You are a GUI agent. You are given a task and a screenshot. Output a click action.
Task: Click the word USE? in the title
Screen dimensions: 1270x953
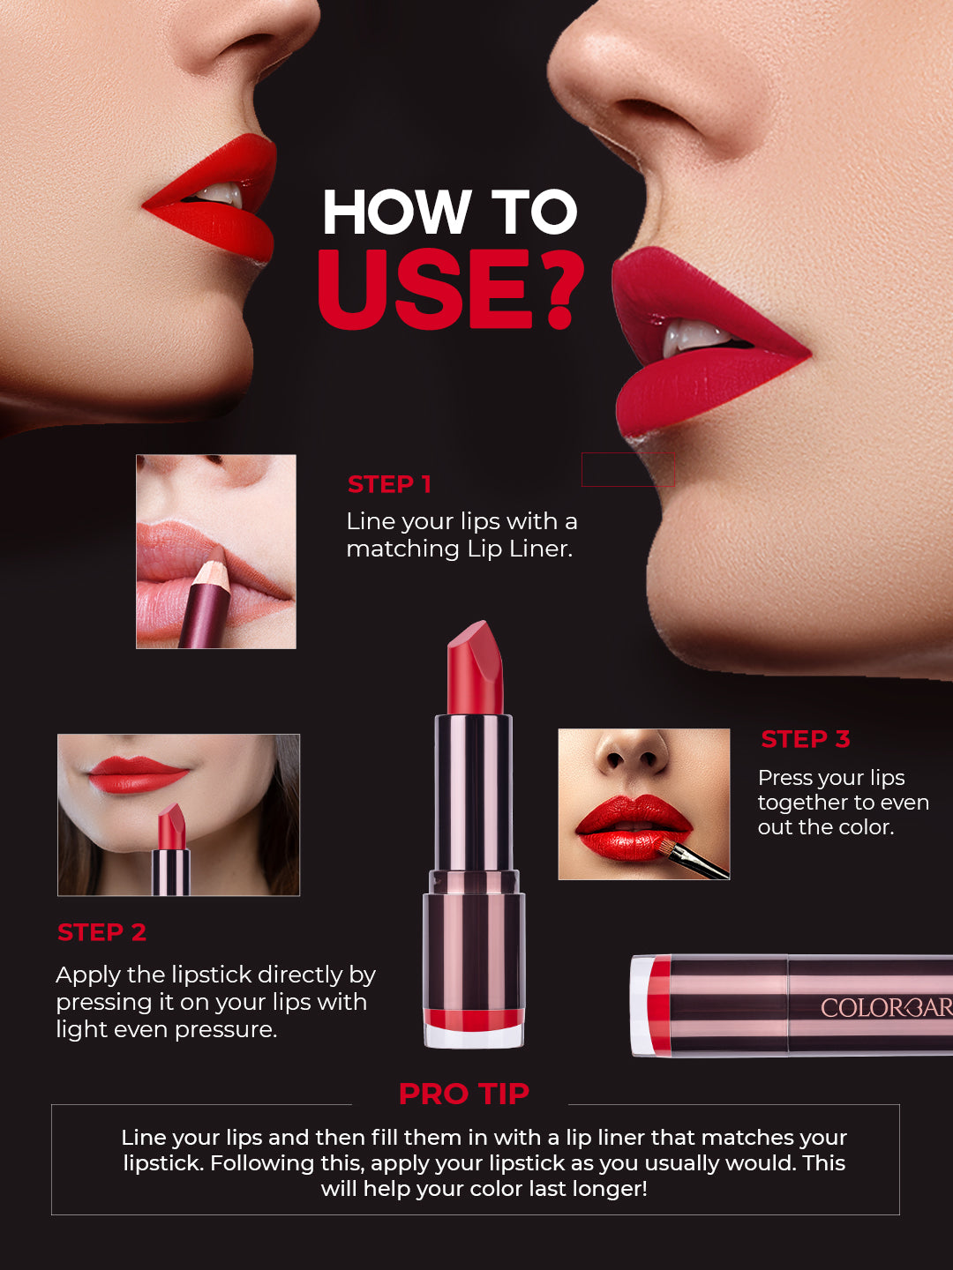(450, 289)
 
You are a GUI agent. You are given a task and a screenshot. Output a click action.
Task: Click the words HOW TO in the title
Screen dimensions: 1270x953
(450, 213)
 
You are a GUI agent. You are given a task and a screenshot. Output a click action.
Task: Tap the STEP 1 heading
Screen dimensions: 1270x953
(389, 484)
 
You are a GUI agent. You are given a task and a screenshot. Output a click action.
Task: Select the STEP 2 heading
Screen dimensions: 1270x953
(101, 932)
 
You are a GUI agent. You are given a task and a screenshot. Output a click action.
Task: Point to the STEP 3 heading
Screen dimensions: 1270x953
(805, 739)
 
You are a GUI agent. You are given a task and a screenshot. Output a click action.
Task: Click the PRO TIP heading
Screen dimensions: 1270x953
(463, 1094)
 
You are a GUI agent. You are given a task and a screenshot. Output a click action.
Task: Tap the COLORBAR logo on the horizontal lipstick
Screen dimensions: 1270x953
(886, 1007)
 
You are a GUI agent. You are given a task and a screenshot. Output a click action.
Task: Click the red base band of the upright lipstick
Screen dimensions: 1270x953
(474, 1020)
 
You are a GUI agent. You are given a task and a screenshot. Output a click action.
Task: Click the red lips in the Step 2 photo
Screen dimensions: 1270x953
(137, 774)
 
